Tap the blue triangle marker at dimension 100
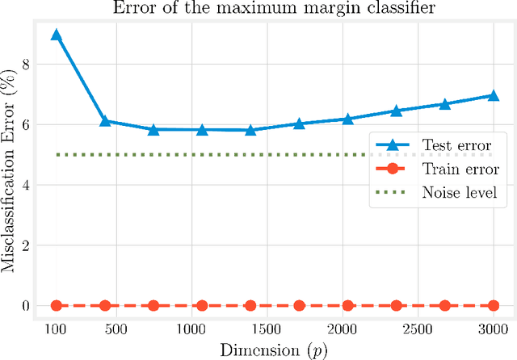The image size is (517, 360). (x=56, y=36)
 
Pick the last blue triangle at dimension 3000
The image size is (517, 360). (x=493, y=95)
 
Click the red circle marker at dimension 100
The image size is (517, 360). (x=56, y=305)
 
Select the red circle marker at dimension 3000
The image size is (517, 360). (x=493, y=305)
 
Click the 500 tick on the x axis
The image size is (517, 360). (x=116, y=329)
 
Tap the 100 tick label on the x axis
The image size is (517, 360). (x=56, y=329)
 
